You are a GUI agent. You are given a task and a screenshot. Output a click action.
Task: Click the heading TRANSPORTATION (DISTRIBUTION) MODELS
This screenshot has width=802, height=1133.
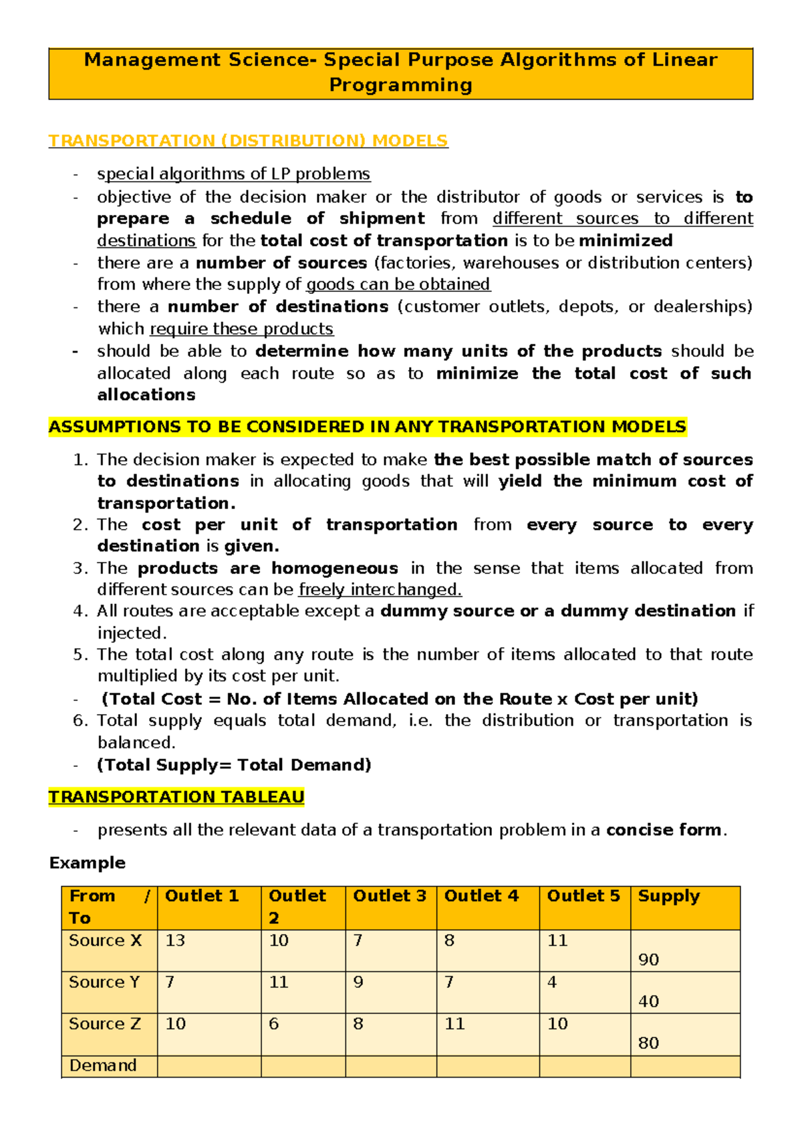(x=248, y=141)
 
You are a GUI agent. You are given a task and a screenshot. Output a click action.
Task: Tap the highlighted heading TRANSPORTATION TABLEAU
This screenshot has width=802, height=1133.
(x=176, y=797)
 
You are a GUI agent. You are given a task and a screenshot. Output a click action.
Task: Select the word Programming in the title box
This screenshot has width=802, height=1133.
(x=401, y=86)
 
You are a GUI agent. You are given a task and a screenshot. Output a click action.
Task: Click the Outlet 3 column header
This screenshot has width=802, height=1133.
(x=390, y=896)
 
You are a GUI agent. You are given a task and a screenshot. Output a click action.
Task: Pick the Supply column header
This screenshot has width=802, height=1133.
(x=668, y=896)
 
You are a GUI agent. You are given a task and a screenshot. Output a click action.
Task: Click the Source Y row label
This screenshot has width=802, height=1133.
(x=104, y=982)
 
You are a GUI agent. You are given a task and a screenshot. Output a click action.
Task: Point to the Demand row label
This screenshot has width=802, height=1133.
(x=103, y=1066)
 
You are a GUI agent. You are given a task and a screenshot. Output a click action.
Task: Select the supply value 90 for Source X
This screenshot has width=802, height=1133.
(x=648, y=960)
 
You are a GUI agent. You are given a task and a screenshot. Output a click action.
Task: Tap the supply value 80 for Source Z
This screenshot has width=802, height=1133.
(x=648, y=1043)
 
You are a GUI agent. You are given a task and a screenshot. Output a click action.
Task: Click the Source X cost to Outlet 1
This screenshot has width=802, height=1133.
(x=175, y=941)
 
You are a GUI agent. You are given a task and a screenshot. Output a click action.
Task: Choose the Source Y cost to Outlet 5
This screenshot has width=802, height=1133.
(x=552, y=982)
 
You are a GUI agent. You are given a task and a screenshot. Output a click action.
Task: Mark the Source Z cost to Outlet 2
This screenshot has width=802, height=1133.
(x=273, y=1024)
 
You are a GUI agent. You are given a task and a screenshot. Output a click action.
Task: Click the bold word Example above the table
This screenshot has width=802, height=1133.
(x=88, y=862)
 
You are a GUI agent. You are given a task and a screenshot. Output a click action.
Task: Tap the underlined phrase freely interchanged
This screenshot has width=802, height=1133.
(x=380, y=590)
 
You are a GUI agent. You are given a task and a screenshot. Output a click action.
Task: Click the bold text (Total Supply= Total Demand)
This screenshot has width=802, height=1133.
(x=234, y=765)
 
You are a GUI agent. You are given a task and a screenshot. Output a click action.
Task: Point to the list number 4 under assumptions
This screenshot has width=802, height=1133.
(x=80, y=611)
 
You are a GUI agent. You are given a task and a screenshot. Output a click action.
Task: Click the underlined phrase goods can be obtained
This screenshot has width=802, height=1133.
(x=398, y=285)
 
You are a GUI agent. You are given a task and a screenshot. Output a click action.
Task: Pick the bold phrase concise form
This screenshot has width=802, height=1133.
(x=664, y=830)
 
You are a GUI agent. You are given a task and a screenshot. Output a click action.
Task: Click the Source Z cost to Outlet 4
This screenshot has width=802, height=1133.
(x=454, y=1024)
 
